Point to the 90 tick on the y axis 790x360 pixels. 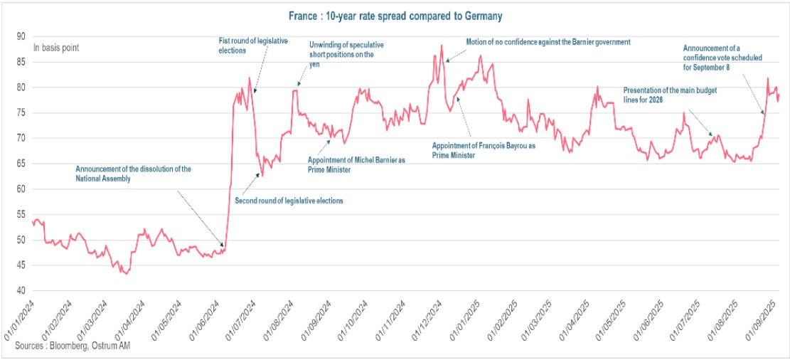[x=21, y=36]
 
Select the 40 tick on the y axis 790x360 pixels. [x=21, y=291]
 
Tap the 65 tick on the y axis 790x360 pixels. [x=21, y=164]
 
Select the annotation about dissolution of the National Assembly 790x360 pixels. [x=134, y=174]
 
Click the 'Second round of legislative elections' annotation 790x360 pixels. [x=289, y=201]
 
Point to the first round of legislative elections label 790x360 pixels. [x=252, y=46]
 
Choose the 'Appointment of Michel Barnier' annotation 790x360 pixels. [x=356, y=165]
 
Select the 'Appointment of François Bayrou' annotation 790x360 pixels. [x=484, y=149]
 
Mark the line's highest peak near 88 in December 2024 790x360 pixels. [x=442, y=46]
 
